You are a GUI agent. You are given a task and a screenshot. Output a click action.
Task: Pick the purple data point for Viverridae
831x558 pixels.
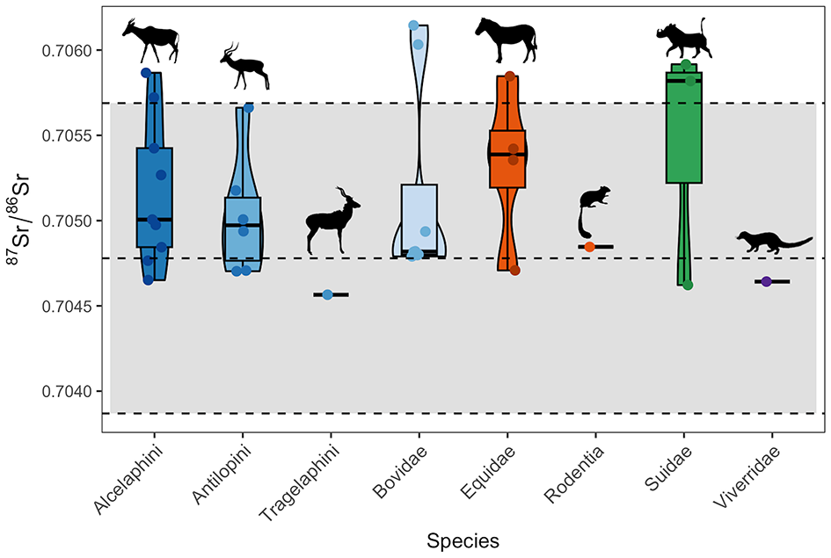click(766, 281)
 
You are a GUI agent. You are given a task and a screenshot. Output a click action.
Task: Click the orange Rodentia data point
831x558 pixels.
click(590, 247)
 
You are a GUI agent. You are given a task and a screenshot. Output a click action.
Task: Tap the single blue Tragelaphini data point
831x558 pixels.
click(327, 294)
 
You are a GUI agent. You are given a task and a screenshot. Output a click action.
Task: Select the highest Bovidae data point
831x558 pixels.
click(413, 25)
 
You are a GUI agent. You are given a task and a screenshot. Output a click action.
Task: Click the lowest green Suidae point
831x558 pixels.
click(688, 285)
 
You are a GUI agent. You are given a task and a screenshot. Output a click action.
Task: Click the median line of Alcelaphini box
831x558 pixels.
click(154, 219)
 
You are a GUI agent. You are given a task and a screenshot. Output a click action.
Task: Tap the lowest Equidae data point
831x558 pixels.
click(515, 271)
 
